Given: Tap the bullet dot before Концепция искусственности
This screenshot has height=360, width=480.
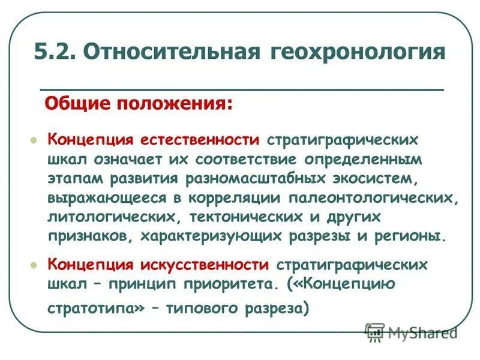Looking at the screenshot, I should click(34, 265).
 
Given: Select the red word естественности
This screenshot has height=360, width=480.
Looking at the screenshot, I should click(200, 140).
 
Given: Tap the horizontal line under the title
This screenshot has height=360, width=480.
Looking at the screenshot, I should click(240, 89).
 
